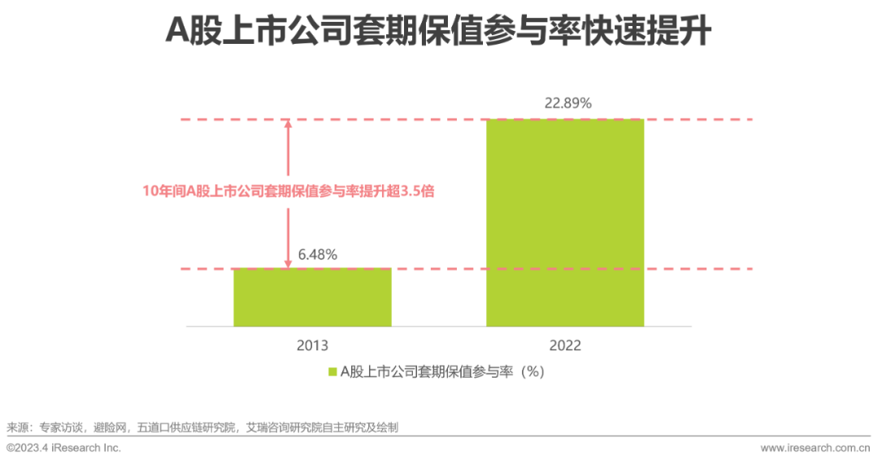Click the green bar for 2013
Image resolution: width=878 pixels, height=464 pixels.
tap(312, 297)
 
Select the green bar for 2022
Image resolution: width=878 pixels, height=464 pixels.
tap(565, 223)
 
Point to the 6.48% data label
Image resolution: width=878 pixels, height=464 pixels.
tap(317, 254)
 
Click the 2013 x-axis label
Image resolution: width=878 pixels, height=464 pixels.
tap(312, 345)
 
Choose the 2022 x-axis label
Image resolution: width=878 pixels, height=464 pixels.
tap(565, 345)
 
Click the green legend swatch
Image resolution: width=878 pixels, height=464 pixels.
tap(332, 371)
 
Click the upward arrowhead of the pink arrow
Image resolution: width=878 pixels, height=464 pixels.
tap(288, 124)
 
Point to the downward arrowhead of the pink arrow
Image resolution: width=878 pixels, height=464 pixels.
tap(288, 263)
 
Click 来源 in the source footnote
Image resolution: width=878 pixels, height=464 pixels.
tap(17, 427)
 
